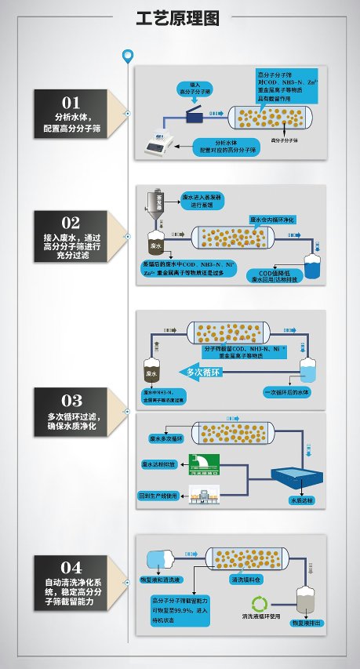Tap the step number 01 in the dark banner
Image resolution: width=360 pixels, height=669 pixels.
(71, 102)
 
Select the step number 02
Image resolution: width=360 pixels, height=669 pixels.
(71, 222)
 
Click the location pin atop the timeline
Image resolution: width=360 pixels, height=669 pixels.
(128, 56)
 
